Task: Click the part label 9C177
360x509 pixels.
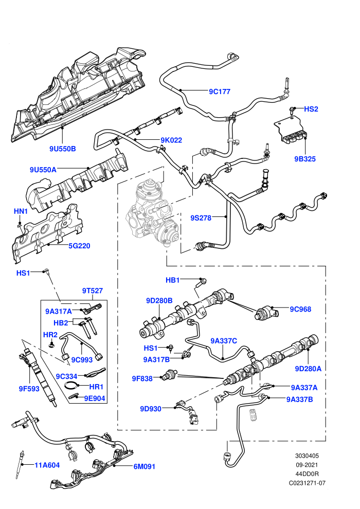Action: (x=220, y=92)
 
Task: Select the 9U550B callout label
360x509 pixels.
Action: (x=63, y=149)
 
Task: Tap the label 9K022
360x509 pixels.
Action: (x=171, y=140)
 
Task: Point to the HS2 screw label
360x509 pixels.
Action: (x=311, y=109)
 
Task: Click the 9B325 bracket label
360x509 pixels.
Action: (x=305, y=159)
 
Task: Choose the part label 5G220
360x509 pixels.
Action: (x=79, y=246)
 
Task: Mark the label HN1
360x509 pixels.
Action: (x=21, y=211)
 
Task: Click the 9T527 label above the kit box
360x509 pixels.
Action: (x=92, y=290)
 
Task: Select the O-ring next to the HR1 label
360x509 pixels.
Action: (x=71, y=386)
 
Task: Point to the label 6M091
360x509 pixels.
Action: (x=145, y=466)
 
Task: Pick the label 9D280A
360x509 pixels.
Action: (x=308, y=369)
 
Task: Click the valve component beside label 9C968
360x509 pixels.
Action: (x=266, y=313)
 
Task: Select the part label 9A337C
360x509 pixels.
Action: (x=224, y=341)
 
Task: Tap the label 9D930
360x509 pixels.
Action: (x=151, y=409)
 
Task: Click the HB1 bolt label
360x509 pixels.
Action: (x=173, y=280)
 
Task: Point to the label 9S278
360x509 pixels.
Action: (x=201, y=218)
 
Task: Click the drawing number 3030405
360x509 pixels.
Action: (x=307, y=456)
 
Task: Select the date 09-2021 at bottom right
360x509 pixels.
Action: (x=307, y=465)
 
